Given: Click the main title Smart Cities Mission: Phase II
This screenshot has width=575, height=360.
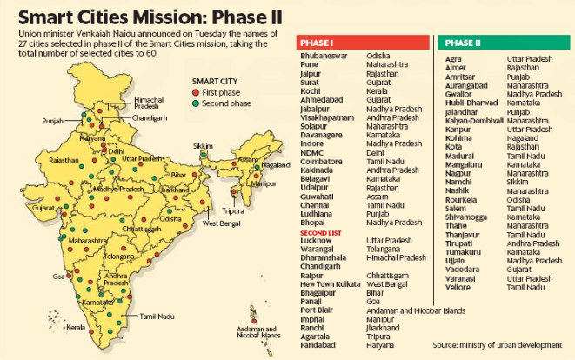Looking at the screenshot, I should [x=144, y=14].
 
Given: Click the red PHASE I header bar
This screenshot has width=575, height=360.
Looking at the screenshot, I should [x=361, y=42].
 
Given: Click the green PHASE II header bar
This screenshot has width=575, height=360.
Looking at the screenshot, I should [x=505, y=42].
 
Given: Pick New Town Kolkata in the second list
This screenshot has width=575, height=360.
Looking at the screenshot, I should [x=330, y=283].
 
